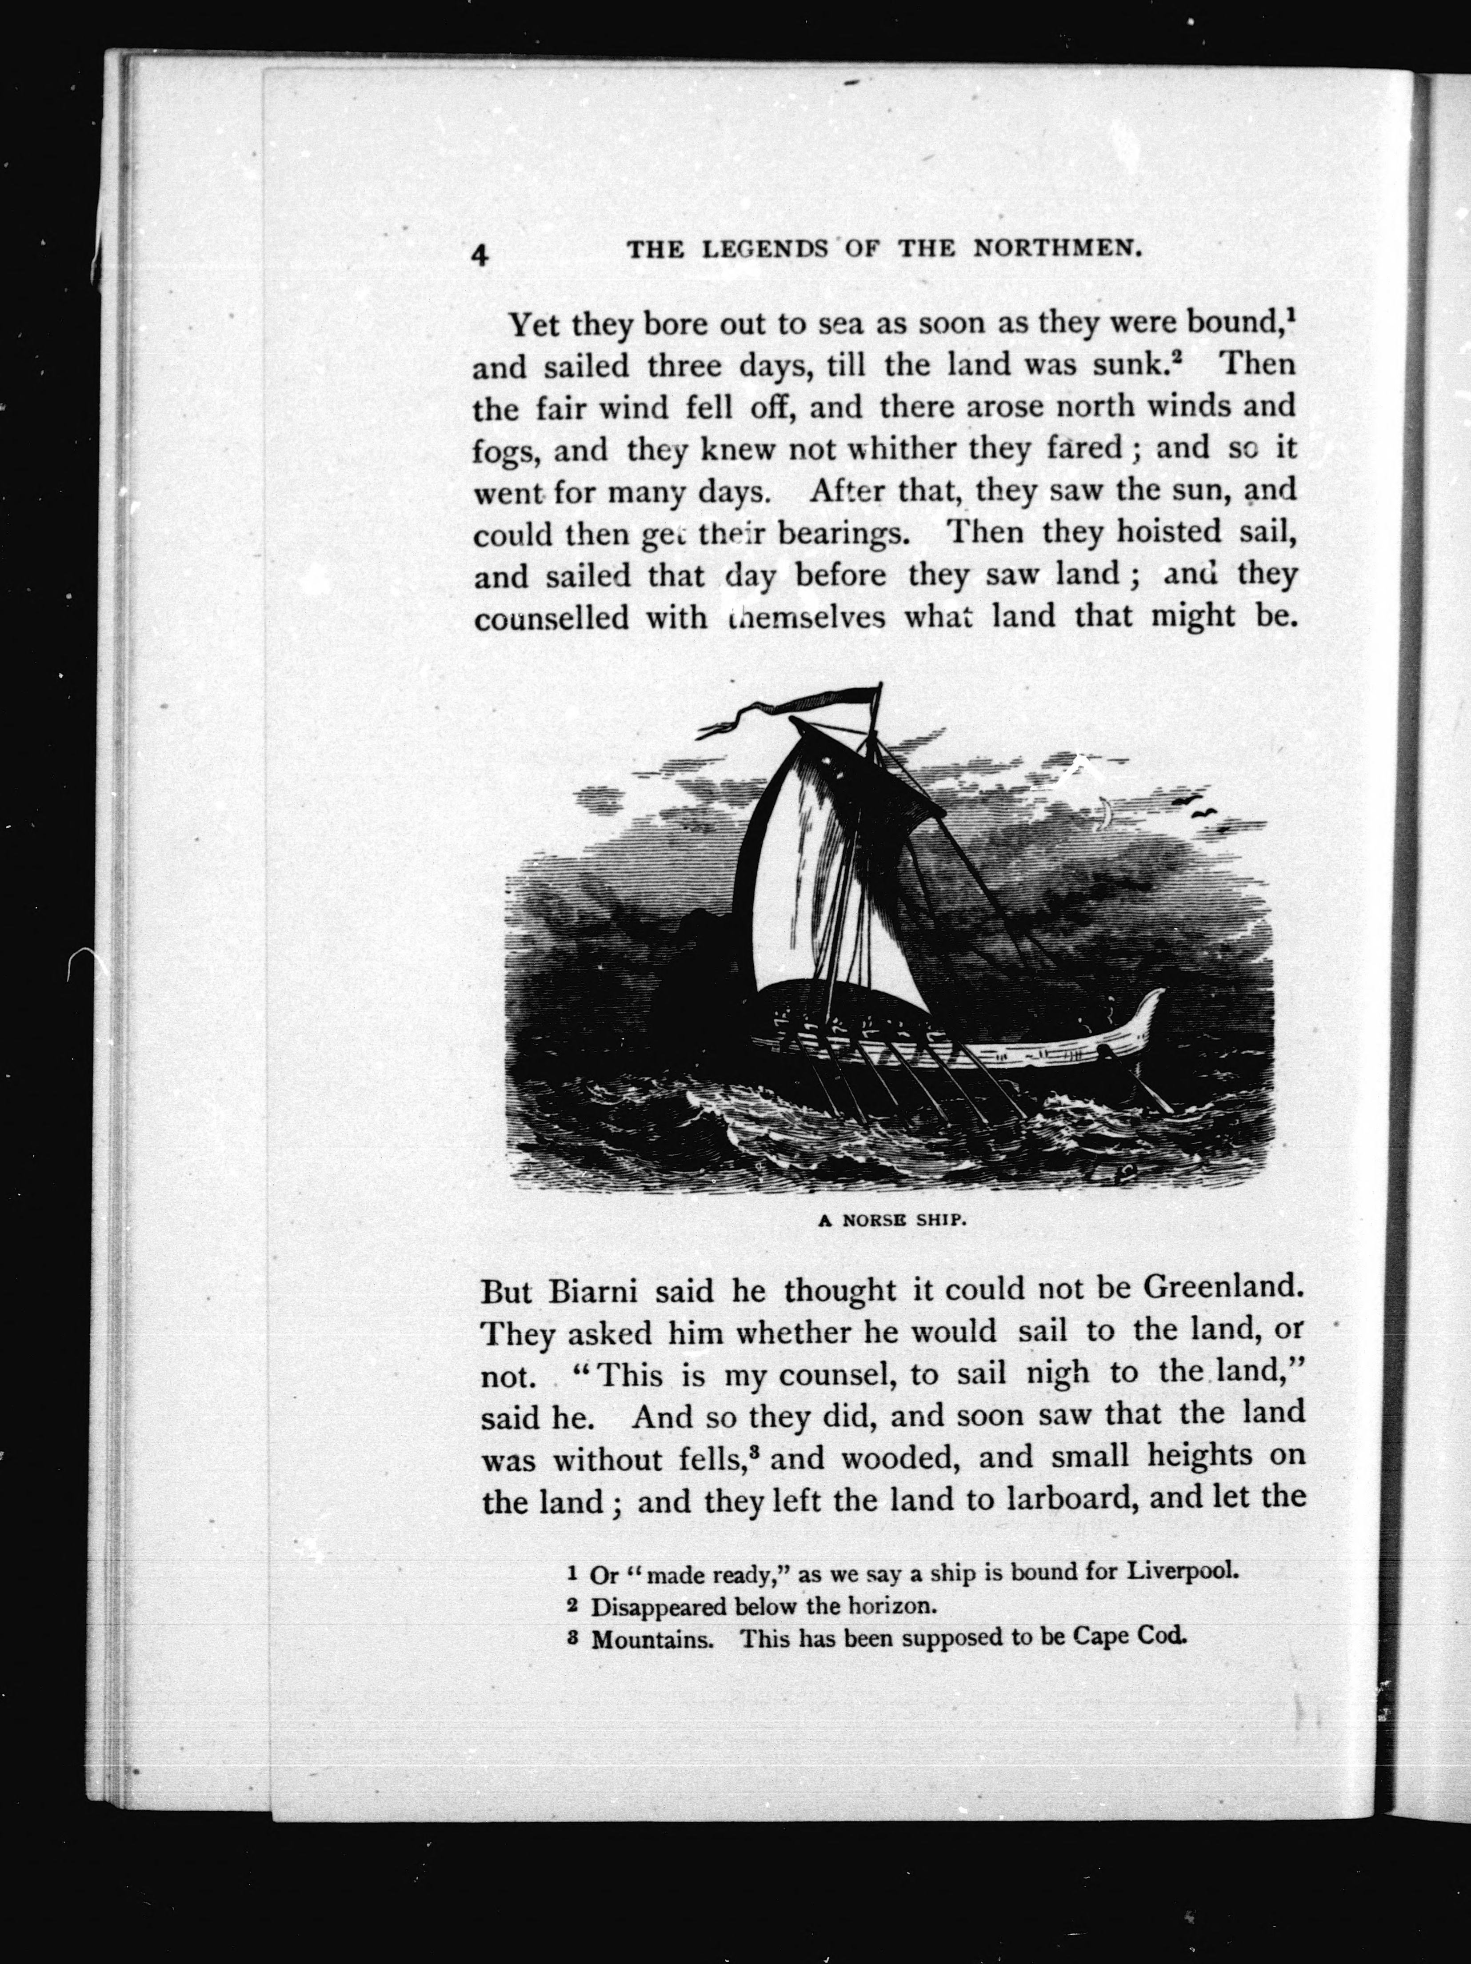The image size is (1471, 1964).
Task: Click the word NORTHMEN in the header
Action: tap(1056, 250)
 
